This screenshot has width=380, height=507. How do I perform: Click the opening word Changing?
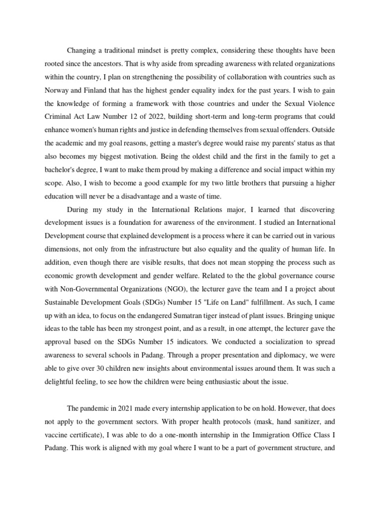point(83,51)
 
